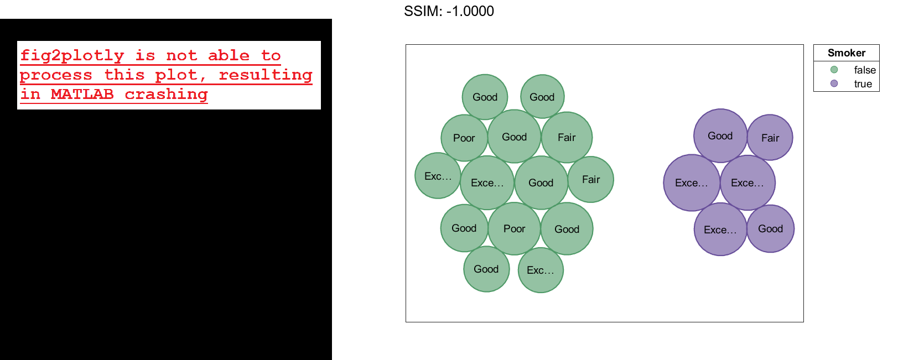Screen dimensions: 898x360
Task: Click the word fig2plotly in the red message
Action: [x=72, y=55]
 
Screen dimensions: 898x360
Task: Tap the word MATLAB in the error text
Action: [x=82, y=94]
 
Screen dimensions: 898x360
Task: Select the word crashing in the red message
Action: [x=166, y=94]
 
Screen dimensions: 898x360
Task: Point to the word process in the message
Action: [x=56, y=75]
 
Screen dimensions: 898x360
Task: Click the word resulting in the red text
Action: [x=266, y=75]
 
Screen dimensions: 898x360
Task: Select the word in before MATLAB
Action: [x=30, y=94]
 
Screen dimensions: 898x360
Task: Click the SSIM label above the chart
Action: [x=422, y=11]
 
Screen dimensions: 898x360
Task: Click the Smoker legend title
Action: [x=846, y=53]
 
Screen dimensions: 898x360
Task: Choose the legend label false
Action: [x=864, y=70]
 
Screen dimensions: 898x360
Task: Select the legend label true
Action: [x=863, y=84]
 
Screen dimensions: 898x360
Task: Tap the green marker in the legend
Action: [x=834, y=70]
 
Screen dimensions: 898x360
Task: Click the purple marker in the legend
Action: [x=834, y=84]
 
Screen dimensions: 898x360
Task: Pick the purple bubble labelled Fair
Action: [x=770, y=138]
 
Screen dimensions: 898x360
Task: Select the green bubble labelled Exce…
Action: [x=487, y=182]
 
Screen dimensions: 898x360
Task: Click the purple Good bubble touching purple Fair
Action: [x=720, y=135]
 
